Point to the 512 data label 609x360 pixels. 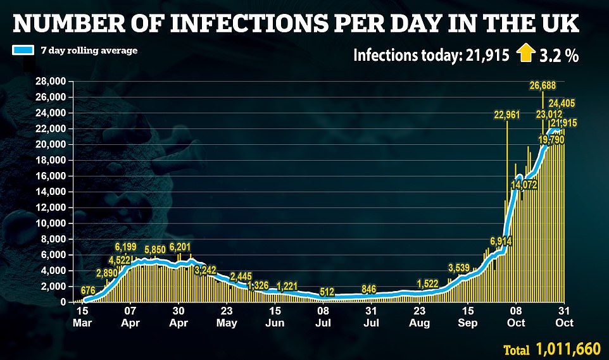tap(327, 292)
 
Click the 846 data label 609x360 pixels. tap(369, 289)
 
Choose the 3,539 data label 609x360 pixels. tap(460, 266)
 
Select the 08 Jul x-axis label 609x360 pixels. tap(323, 316)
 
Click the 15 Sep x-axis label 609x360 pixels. tap(467, 316)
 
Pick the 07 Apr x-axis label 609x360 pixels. tap(130, 316)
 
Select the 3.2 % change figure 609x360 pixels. tap(560, 56)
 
